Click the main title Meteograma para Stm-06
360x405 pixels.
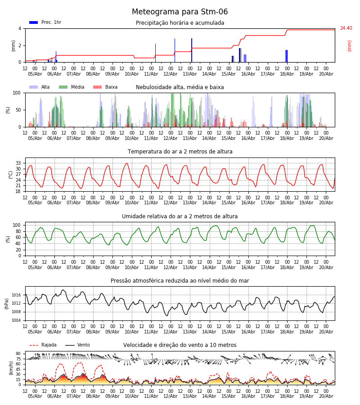click(x=180, y=12)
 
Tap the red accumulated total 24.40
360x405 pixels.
click(x=346, y=28)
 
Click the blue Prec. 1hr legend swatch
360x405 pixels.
click(x=34, y=22)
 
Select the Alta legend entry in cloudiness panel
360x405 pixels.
click(x=40, y=87)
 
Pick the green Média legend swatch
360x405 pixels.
click(x=63, y=87)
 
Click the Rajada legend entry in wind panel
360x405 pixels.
click(x=43, y=345)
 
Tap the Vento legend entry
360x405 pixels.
click(x=77, y=345)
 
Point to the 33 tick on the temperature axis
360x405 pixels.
click(x=18, y=163)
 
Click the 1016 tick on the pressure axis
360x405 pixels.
click(x=16, y=295)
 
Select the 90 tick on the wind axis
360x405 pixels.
click(x=18, y=354)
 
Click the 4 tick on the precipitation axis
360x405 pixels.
click(x=20, y=28)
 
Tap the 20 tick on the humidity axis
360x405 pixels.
click(x=18, y=250)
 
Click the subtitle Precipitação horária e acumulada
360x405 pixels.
click(x=180, y=23)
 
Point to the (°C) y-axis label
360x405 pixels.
click(x=11, y=175)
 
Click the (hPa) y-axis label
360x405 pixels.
click(x=7, y=304)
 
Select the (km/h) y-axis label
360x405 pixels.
click(x=11, y=368)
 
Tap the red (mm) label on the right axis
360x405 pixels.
click(x=349, y=46)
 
